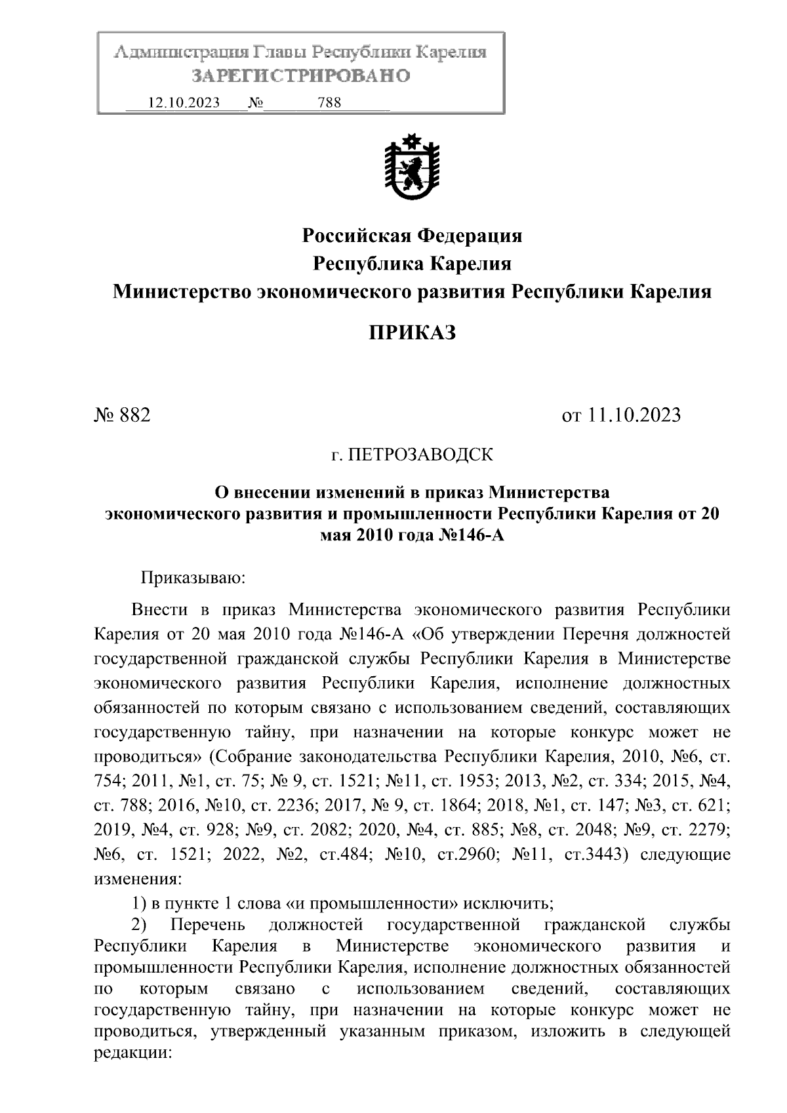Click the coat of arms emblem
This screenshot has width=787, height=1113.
pos(412,167)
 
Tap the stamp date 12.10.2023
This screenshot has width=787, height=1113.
pos(184,103)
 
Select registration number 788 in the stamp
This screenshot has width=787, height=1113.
pos(329,103)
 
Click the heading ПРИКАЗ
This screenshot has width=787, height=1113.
pos(412,333)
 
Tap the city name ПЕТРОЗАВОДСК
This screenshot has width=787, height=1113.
pos(420,454)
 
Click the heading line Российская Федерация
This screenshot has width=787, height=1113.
pos(412,235)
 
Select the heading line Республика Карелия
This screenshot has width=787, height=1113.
pos(412,264)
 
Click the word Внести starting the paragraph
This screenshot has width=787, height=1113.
pos(159,610)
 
